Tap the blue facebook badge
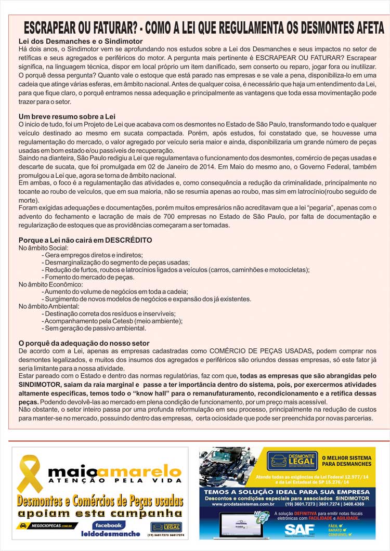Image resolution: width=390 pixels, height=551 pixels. [107, 525]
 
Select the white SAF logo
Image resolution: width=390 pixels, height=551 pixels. [299, 529]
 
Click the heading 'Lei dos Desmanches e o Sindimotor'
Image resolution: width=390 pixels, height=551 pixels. [81, 41]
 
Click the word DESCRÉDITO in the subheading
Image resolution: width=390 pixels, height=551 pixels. [128, 240]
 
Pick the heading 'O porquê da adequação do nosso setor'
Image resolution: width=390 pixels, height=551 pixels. [84, 343]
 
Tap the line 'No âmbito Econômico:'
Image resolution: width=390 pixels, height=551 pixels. [51, 284]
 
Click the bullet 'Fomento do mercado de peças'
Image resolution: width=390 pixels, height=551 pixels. [89, 277]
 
